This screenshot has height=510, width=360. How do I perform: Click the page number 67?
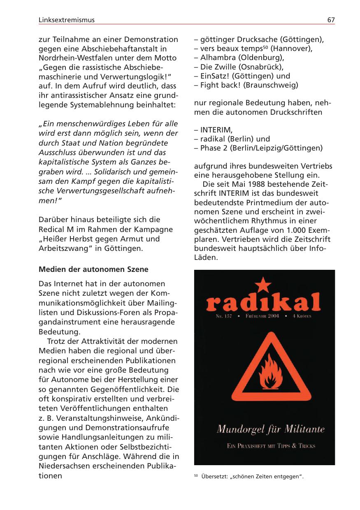(331, 20)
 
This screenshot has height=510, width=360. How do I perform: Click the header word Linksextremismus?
(66, 20)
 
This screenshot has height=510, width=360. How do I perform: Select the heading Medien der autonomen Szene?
(93, 270)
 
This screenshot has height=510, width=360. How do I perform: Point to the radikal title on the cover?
(263, 303)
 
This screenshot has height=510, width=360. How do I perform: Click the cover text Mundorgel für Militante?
(270, 430)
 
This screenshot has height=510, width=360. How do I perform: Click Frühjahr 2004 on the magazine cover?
(262, 316)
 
